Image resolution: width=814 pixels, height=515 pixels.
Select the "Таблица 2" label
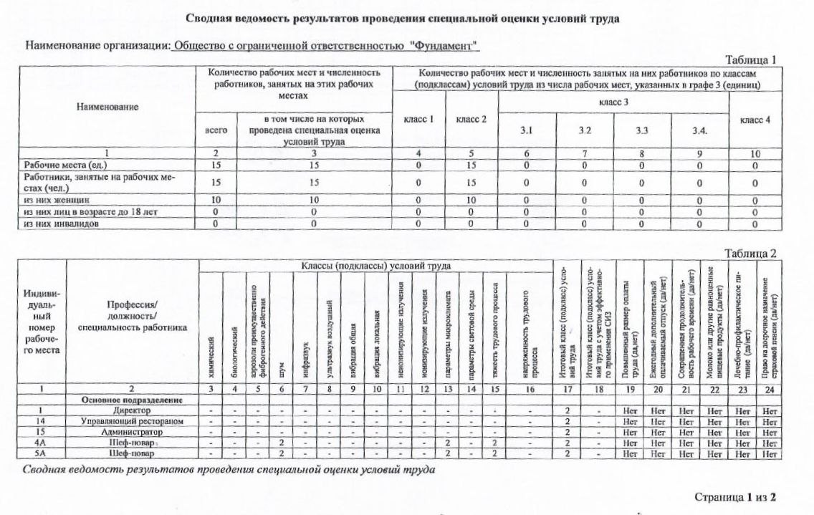[x=751, y=254]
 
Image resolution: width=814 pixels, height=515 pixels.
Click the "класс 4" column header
[x=754, y=120]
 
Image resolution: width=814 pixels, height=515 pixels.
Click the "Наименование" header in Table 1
[x=107, y=106]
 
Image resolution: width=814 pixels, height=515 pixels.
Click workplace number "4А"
[x=42, y=443]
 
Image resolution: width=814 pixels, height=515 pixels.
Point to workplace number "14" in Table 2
[x=42, y=421]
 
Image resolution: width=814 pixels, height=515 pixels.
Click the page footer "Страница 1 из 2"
[x=735, y=496]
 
